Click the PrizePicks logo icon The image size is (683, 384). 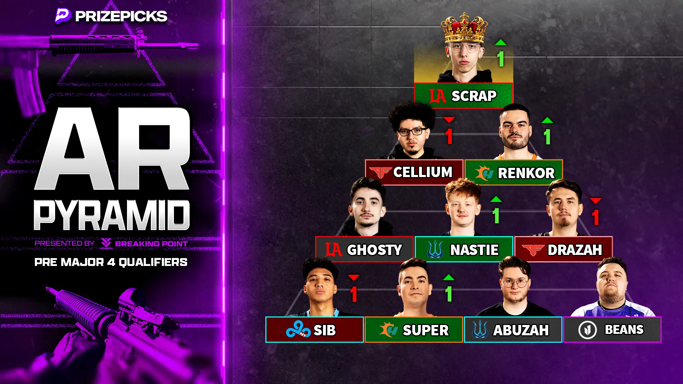[x=63, y=16]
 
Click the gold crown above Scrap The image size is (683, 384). [x=464, y=28]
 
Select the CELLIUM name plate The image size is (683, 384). [x=414, y=172]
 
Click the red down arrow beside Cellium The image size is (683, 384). [x=449, y=120]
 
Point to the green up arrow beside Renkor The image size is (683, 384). [x=547, y=120]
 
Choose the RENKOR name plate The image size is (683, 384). [x=514, y=173]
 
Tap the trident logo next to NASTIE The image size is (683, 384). [x=435, y=250]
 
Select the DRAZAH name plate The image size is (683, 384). [x=563, y=250]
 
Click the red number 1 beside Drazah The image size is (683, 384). [x=595, y=218]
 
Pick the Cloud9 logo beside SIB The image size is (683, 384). [x=298, y=329]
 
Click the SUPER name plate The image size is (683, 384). [x=414, y=330]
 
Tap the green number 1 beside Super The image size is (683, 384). [x=449, y=294]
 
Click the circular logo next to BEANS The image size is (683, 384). [x=587, y=330]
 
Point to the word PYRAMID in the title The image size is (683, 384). [x=112, y=215]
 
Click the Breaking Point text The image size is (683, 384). [x=152, y=244]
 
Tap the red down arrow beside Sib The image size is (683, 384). [x=354, y=277]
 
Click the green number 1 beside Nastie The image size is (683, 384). [x=496, y=216]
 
